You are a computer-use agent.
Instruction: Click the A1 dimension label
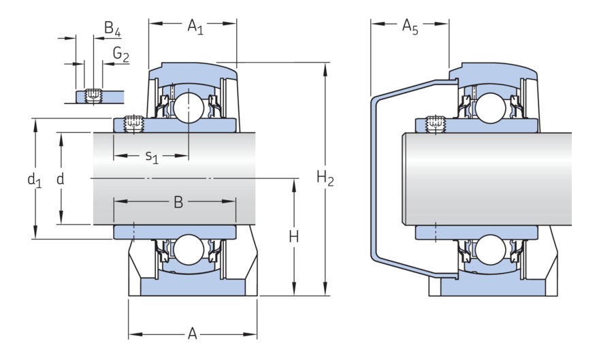[195, 27]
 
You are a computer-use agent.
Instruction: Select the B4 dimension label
[112, 29]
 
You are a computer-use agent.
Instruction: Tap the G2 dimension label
[121, 54]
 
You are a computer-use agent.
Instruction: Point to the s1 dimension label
[152, 157]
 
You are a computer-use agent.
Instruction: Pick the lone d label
[61, 179]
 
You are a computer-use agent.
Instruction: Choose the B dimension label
[178, 202]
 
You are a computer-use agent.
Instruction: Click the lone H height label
[294, 237]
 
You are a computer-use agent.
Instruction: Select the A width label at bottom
[193, 334]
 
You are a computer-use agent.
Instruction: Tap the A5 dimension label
[410, 27]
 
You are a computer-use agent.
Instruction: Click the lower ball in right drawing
[489, 250]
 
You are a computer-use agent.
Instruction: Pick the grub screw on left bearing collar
[133, 124]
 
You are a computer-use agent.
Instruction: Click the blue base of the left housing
[193, 288]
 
